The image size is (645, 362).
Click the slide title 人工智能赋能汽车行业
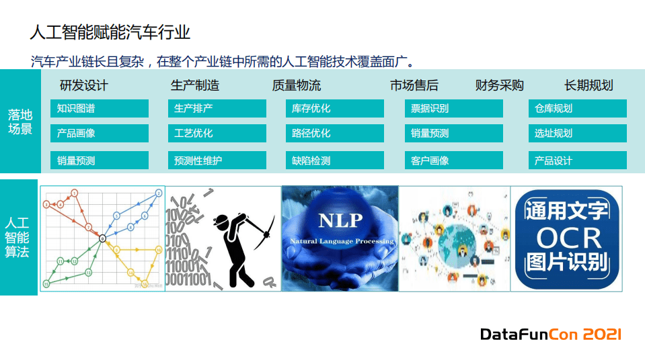[110, 32]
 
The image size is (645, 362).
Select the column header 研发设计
[83, 85]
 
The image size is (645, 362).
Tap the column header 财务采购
[499, 85]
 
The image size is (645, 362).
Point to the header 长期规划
[589, 85]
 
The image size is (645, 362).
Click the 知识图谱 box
[99, 108]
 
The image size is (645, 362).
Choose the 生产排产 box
[217, 108]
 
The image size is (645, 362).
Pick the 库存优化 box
[334, 108]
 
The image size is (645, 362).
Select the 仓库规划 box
[577, 108]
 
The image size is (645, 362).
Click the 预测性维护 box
[217, 161]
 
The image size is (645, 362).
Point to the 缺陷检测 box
[334, 161]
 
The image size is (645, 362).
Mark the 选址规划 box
[577, 133]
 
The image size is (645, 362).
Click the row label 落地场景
[19, 121]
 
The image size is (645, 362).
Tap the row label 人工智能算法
[17, 237]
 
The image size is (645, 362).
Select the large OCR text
[566, 237]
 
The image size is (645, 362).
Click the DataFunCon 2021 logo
[550, 334]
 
